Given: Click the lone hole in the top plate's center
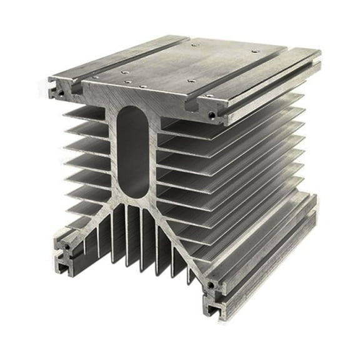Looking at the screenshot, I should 191,81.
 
